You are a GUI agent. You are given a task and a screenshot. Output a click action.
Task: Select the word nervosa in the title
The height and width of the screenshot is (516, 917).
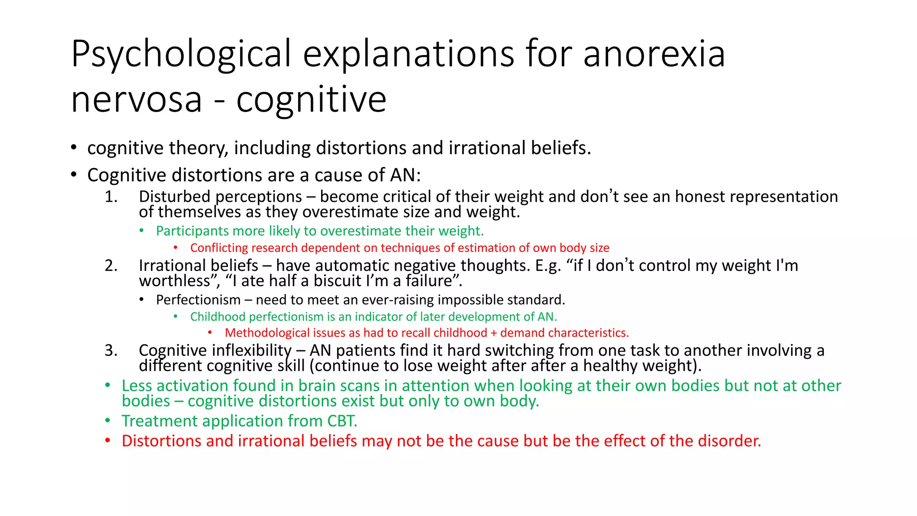tap(137, 99)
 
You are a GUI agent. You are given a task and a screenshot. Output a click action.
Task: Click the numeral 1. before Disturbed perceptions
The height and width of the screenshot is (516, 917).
tap(111, 197)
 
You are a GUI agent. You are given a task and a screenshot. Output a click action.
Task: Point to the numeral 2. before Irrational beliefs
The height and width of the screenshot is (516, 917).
tap(111, 266)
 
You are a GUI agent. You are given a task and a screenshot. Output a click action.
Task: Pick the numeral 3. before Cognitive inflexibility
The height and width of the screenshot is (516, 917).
tap(111, 350)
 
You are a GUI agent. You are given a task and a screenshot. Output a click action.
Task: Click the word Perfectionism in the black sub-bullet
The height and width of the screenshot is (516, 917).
tap(198, 300)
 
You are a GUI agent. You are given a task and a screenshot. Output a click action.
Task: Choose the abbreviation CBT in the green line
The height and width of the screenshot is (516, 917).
tap(342, 421)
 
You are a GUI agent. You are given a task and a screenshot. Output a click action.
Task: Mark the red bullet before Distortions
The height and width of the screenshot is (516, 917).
tap(107, 441)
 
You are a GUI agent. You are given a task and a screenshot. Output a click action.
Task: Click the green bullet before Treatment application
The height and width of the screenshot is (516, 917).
tap(107, 421)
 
